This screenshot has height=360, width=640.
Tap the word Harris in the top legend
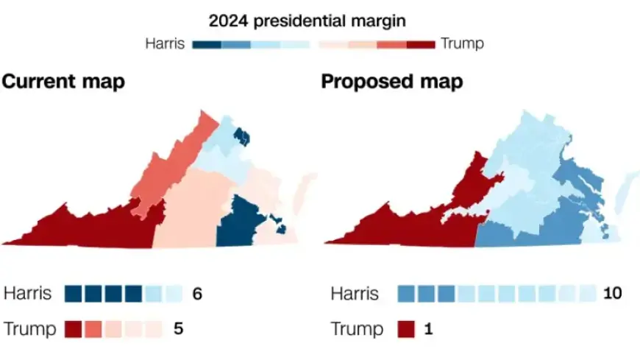(x=166, y=43)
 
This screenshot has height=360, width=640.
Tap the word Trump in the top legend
(x=462, y=43)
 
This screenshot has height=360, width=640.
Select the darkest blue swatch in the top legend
(x=207, y=44)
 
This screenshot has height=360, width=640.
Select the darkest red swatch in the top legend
(x=420, y=44)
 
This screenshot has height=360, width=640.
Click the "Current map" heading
(x=63, y=82)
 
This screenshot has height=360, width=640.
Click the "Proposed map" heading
(x=392, y=82)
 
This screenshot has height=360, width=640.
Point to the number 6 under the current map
(x=196, y=294)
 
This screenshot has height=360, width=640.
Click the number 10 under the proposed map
(x=611, y=294)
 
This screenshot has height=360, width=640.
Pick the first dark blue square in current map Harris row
(x=74, y=294)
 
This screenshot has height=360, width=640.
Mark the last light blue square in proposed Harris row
(x=587, y=294)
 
